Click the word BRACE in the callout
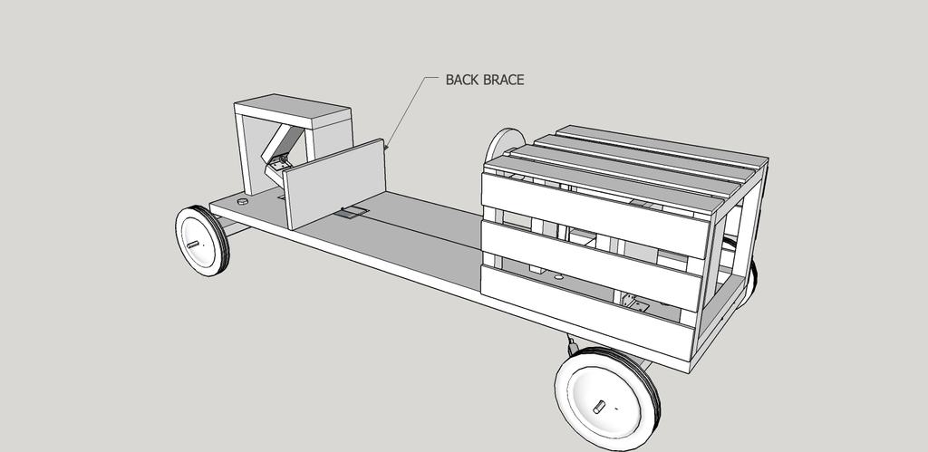click(x=502, y=80)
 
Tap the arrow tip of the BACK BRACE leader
click(x=385, y=148)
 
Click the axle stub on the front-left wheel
click(x=192, y=243)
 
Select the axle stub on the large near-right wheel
click(x=599, y=407)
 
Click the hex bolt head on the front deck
click(x=243, y=201)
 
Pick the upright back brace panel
click(x=334, y=183)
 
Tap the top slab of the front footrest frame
click(x=293, y=111)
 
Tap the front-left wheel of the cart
click(x=202, y=241)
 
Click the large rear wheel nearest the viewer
click(x=607, y=399)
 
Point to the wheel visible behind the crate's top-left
click(x=504, y=144)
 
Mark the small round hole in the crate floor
click(x=558, y=276)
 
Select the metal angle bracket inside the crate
click(x=634, y=304)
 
